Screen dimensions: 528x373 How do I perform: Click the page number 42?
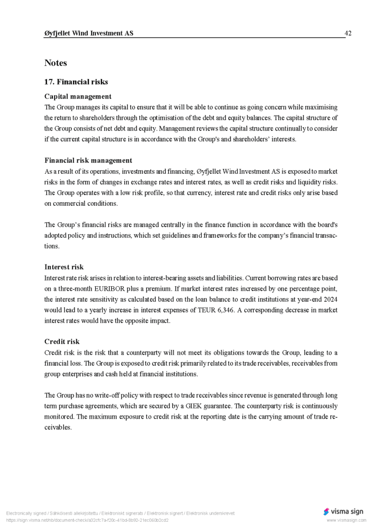pyautogui.click(x=348, y=34)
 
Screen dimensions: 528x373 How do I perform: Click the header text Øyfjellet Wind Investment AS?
pyautogui.click(x=89, y=34)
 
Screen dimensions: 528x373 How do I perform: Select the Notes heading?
pyautogui.click(x=56, y=63)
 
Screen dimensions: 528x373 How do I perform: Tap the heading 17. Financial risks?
pyautogui.click(x=76, y=82)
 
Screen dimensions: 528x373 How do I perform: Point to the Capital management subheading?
pyautogui.click(x=78, y=96)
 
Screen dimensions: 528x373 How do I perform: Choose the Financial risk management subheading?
pyautogui.click(x=88, y=160)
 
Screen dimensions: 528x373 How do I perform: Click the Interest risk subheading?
pyautogui.click(x=64, y=267)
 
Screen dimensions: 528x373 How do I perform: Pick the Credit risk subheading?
pyautogui.click(x=62, y=342)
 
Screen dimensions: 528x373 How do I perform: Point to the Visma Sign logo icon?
pyautogui.click(x=326, y=511)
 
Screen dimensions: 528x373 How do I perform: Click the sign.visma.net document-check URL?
pyautogui.click(x=87, y=520)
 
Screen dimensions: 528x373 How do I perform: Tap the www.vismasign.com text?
pyautogui.click(x=346, y=520)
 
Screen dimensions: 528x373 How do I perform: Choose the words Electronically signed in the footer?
pyautogui.click(x=27, y=514)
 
